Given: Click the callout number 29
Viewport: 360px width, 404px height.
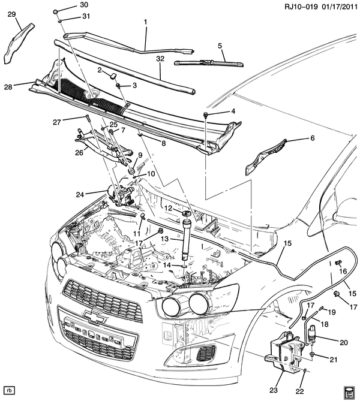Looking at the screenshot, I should (11, 15).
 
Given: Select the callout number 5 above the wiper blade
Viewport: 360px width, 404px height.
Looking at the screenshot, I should (220, 46).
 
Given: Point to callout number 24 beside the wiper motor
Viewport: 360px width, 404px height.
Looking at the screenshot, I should (97, 193).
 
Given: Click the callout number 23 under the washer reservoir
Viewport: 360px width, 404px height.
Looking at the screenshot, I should (274, 390).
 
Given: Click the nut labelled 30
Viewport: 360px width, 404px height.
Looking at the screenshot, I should (55, 12).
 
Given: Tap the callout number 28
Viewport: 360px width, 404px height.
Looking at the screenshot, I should (8, 87).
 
